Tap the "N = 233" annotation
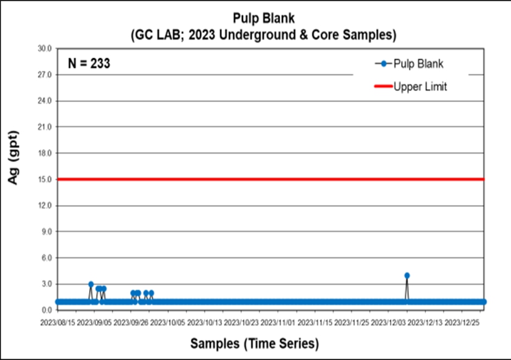click(x=89, y=63)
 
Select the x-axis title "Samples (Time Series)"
click(x=255, y=344)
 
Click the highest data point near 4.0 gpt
click(x=407, y=276)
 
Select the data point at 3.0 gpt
click(x=91, y=284)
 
